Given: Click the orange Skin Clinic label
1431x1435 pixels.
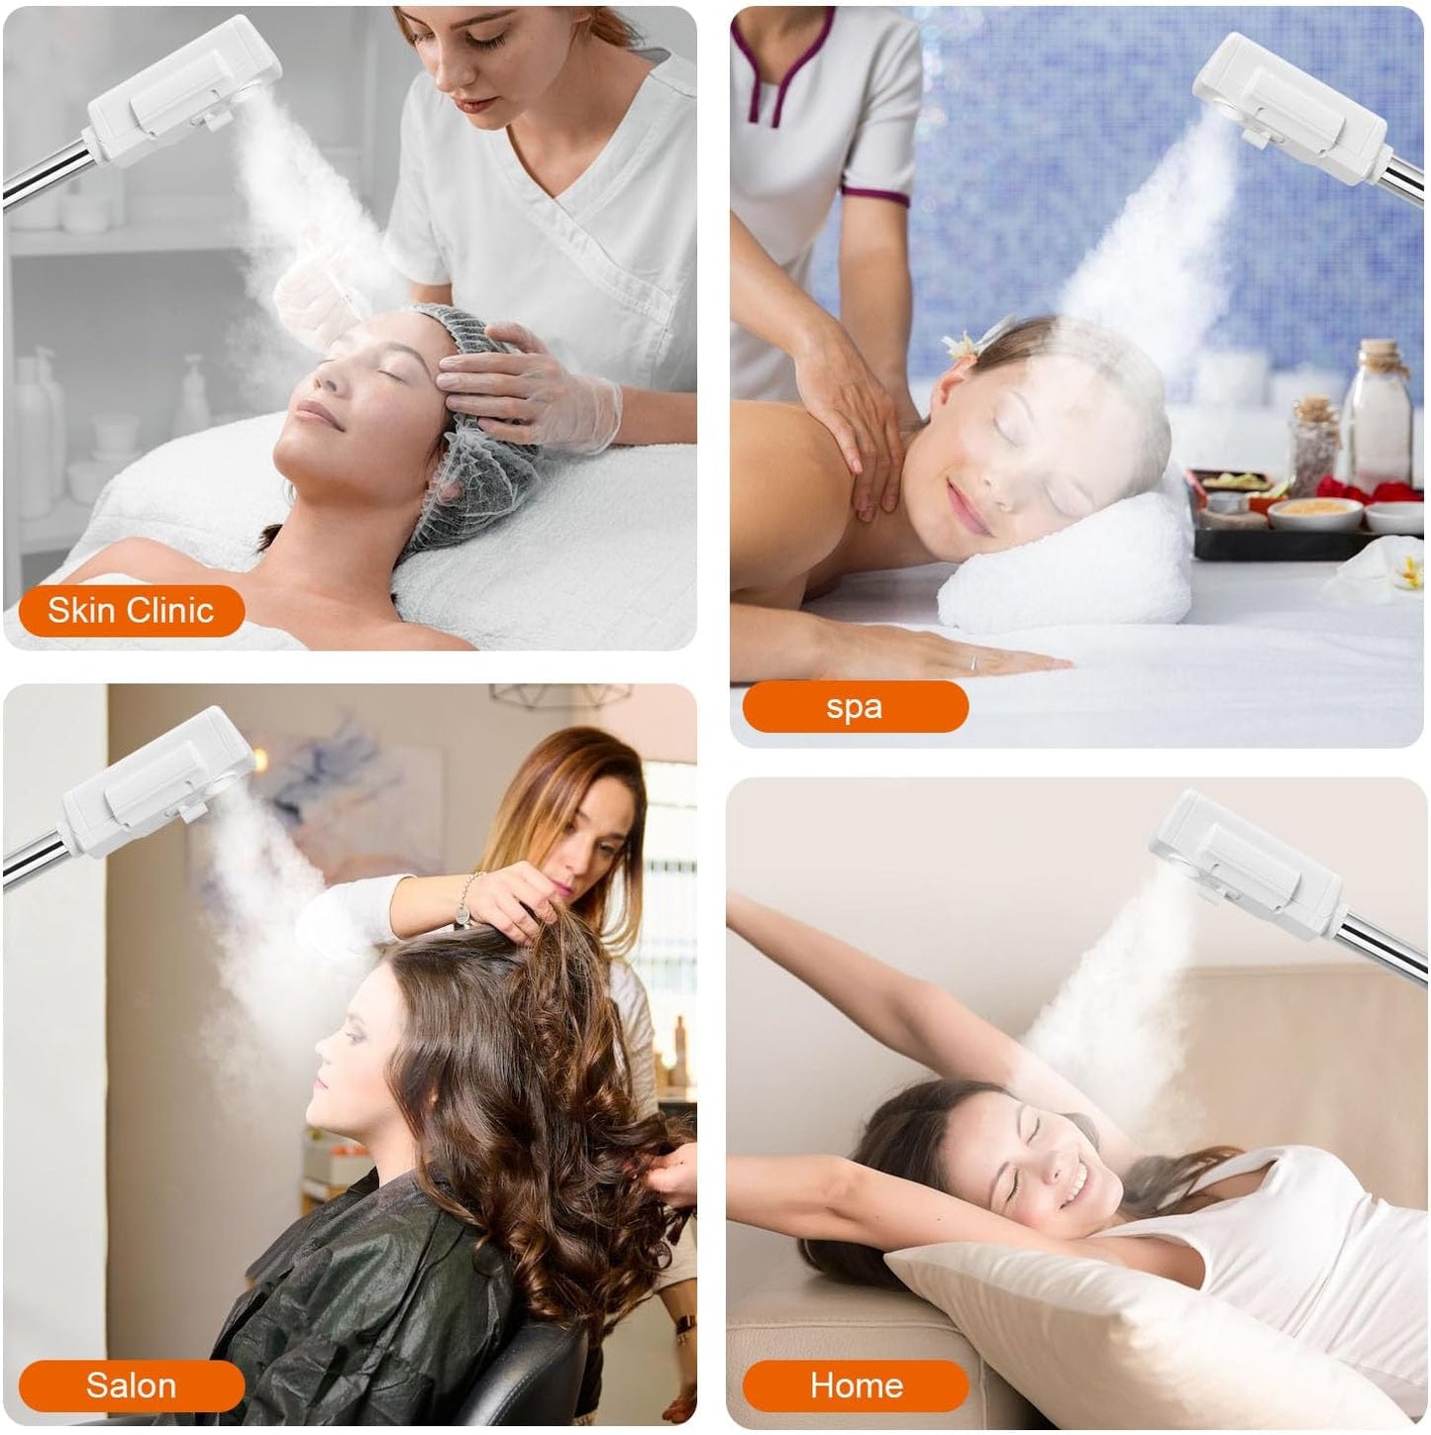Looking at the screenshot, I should coord(131,610).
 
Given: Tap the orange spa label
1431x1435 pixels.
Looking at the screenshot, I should coord(854,707).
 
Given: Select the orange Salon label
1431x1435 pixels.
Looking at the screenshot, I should coord(131,1384).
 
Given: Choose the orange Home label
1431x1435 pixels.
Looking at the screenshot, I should coord(856,1384).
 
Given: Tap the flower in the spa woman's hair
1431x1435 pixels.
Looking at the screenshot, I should coord(966,343).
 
